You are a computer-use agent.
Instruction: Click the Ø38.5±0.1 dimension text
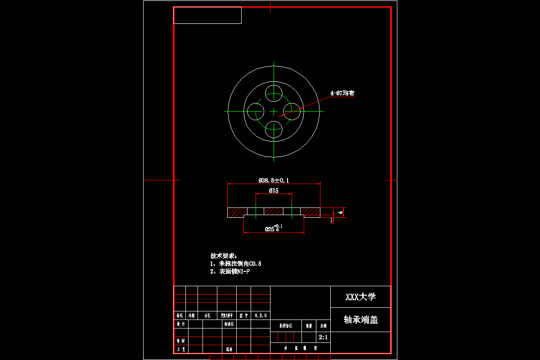[x=274, y=180]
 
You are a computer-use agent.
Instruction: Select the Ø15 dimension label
[x=274, y=190]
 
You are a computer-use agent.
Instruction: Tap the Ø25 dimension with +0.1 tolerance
[x=274, y=228]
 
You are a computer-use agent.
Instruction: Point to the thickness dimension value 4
[x=341, y=212]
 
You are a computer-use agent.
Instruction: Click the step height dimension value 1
[x=332, y=220]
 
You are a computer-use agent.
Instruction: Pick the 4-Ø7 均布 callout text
[x=342, y=93]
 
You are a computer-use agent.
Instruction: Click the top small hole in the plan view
[x=274, y=93]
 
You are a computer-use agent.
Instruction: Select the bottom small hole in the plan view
[x=274, y=129]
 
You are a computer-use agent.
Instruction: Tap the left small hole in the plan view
[x=256, y=111]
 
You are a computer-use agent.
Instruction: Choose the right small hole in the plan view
[x=291, y=111]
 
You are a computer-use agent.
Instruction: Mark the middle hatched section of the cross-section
[x=274, y=211]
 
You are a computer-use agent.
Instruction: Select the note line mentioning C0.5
[x=236, y=263]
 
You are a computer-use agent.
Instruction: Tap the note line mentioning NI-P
[x=230, y=271]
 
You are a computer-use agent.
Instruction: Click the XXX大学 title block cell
[x=360, y=297]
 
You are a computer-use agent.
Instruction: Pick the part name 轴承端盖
[x=360, y=319]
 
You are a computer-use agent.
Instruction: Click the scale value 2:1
[x=323, y=337]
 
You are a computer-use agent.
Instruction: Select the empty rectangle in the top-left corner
[x=207, y=15]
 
